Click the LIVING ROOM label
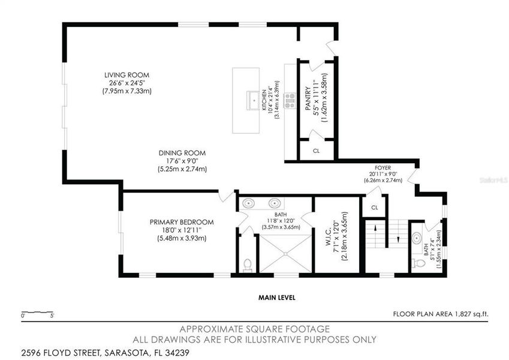[126, 74]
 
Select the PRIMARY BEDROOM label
[181, 222]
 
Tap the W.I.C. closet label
[329, 239]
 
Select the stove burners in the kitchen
[290, 100]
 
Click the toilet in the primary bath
[248, 264]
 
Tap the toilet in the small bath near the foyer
[420, 262]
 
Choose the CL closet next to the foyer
[374, 207]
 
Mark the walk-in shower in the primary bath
[285, 253]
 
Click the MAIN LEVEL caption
[276, 298]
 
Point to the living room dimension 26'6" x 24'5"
[126, 83]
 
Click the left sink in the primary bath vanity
[251, 202]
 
